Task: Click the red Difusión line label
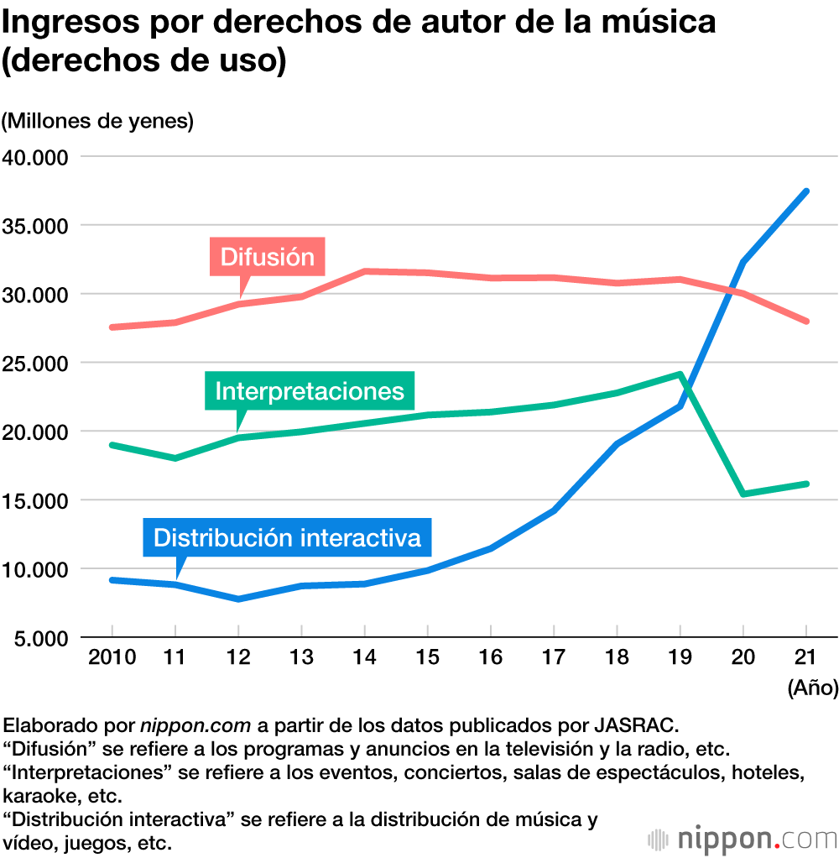tap(267, 256)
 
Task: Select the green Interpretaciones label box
tap(310, 391)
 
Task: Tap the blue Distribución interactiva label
tap(287, 536)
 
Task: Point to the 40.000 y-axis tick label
tap(39, 157)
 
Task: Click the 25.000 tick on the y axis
tap(39, 364)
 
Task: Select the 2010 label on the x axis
tap(112, 657)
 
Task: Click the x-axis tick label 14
tap(364, 657)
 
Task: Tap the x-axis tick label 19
tap(680, 657)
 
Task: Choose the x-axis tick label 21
tap(805, 657)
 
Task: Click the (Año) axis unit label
tap(812, 688)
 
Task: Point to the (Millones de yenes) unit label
tap(97, 121)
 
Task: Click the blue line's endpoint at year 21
tap(805, 191)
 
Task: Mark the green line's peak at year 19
tap(680, 374)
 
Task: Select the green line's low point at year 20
tap(743, 494)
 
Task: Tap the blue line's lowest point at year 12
tap(238, 599)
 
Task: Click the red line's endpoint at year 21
tap(805, 321)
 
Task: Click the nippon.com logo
tap(743, 838)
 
